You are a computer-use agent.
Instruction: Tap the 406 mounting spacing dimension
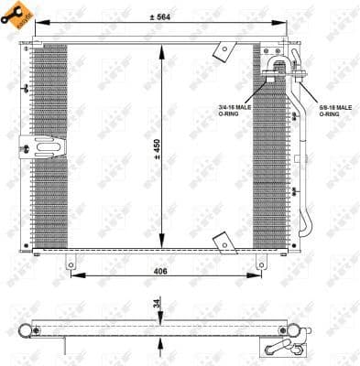(x=161, y=271)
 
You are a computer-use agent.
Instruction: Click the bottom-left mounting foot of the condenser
(x=70, y=263)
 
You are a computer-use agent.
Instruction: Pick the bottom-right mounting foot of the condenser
(x=253, y=263)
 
